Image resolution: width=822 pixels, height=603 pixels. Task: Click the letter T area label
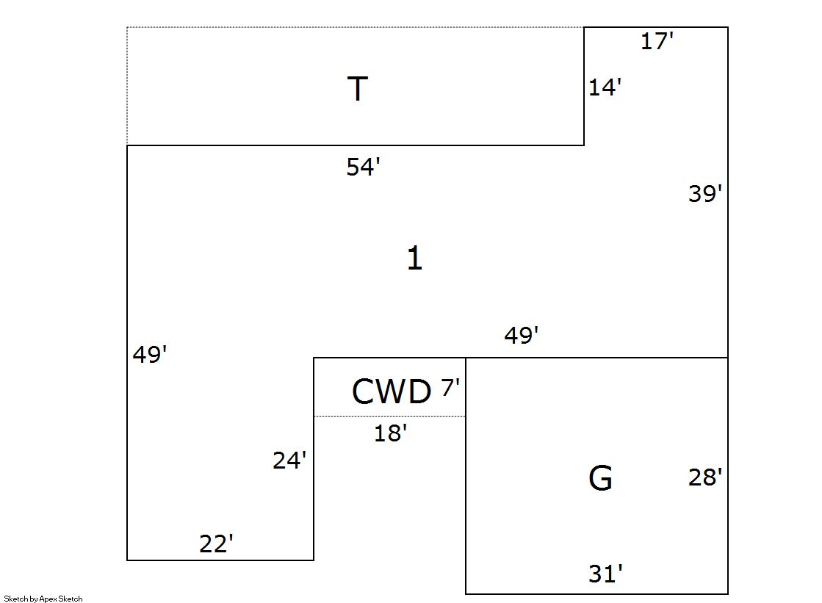(x=357, y=90)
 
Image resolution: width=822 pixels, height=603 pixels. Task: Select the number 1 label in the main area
(x=414, y=259)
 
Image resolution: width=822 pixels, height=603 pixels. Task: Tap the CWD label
(x=391, y=392)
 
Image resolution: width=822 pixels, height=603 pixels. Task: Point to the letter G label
(x=600, y=479)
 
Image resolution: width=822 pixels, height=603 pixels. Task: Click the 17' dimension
(x=657, y=41)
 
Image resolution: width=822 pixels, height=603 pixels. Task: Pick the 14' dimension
(x=605, y=88)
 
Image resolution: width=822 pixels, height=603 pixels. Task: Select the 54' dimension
(x=363, y=167)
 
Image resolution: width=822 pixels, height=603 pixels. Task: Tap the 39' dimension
(x=705, y=194)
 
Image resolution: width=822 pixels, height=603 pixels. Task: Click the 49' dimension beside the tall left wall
(x=150, y=355)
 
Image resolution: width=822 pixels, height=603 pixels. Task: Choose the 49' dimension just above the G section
(x=522, y=336)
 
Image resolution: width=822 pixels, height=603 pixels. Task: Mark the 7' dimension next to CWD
(x=450, y=388)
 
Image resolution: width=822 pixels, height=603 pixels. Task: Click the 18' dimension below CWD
(x=390, y=434)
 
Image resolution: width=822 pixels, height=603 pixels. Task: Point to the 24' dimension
(x=289, y=461)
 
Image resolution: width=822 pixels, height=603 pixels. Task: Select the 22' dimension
(x=216, y=544)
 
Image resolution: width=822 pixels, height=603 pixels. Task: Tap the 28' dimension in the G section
(x=705, y=478)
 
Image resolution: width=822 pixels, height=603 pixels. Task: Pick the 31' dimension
(x=605, y=574)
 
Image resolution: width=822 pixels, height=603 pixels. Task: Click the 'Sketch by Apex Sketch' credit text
(x=43, y=599)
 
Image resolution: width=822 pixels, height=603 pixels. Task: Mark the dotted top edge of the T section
(x=353, y=27)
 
